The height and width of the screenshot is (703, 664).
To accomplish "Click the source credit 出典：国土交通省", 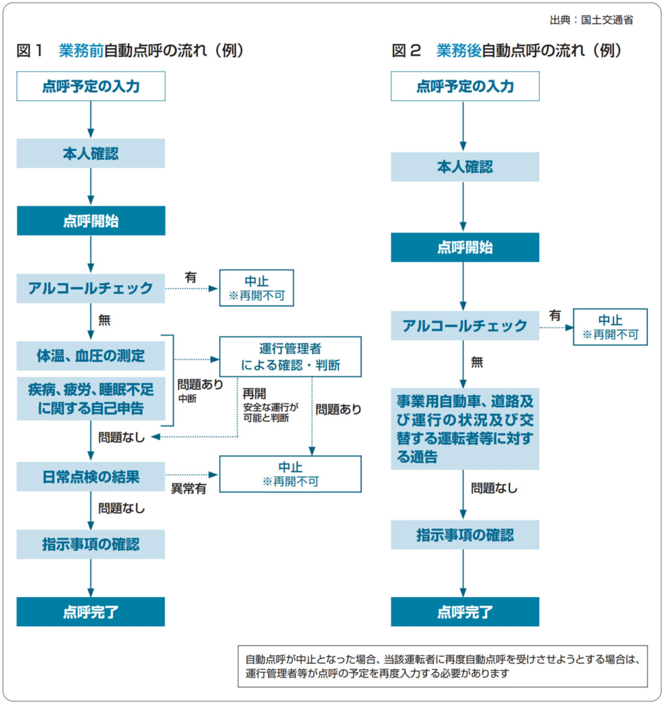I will pos(591,20).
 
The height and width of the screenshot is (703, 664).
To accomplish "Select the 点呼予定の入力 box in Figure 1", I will pos(91,87).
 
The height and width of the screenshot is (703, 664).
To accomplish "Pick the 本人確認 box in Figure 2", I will pos(465,167).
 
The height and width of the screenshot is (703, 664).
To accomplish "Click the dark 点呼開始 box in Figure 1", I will pos(91,221).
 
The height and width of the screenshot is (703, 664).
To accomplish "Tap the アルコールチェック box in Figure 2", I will pos(465,325).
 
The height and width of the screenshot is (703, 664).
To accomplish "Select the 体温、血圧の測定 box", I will pos(91,356).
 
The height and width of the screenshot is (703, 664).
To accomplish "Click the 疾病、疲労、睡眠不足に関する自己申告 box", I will pos(91,398).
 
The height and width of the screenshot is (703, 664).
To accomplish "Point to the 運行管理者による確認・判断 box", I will pos(290,356).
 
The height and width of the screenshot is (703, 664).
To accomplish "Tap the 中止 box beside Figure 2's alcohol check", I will pos(610,327).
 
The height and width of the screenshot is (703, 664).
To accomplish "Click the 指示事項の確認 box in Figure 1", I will pos(91,544).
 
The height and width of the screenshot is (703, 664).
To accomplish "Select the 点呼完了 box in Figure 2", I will pos(465,612).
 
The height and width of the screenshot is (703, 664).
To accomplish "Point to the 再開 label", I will pos(253,394).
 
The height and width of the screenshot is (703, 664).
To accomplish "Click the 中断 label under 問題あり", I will pos(187,399).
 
